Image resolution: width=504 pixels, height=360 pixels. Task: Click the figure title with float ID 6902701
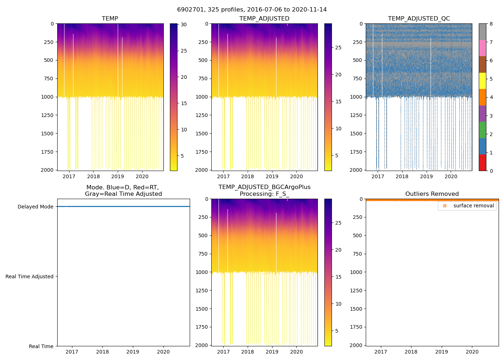tap(252, 10)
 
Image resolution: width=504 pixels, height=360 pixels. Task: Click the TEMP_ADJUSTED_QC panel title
tap(419, 19)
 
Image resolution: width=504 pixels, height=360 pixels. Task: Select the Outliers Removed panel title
tap(432, 194)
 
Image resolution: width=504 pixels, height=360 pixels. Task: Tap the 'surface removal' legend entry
tap(473, 206)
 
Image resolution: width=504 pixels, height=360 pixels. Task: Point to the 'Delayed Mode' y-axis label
tap(35, 207)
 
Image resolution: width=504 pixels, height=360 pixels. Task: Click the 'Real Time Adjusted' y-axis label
tap(29, 276)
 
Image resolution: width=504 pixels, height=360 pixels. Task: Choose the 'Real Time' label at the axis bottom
tap(41, 346)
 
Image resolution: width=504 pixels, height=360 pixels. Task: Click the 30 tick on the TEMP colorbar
tap(184, 25)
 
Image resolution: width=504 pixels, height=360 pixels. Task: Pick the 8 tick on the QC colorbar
tap(491, 24)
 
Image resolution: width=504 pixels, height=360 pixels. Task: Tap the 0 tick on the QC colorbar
tap(491, 171)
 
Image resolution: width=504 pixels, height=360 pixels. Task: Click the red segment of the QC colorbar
tap(482, 162)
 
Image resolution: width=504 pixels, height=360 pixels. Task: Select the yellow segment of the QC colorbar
tap(482, 81)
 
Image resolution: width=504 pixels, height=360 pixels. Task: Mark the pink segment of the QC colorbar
tap(482, 48)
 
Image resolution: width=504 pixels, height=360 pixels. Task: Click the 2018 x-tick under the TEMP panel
tap(93, 176)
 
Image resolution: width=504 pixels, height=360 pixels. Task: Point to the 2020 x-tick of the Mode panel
tap(163, 352)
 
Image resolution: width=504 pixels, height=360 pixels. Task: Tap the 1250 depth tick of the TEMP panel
tap(47, 115)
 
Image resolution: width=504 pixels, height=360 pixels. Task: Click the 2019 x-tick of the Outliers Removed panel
tap(442, 352)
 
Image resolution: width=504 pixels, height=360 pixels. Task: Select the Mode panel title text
tap(123, 191)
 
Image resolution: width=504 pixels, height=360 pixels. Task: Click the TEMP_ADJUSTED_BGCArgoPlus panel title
tap(264, 191)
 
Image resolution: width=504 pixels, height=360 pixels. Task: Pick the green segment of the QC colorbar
tap(482, 130)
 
